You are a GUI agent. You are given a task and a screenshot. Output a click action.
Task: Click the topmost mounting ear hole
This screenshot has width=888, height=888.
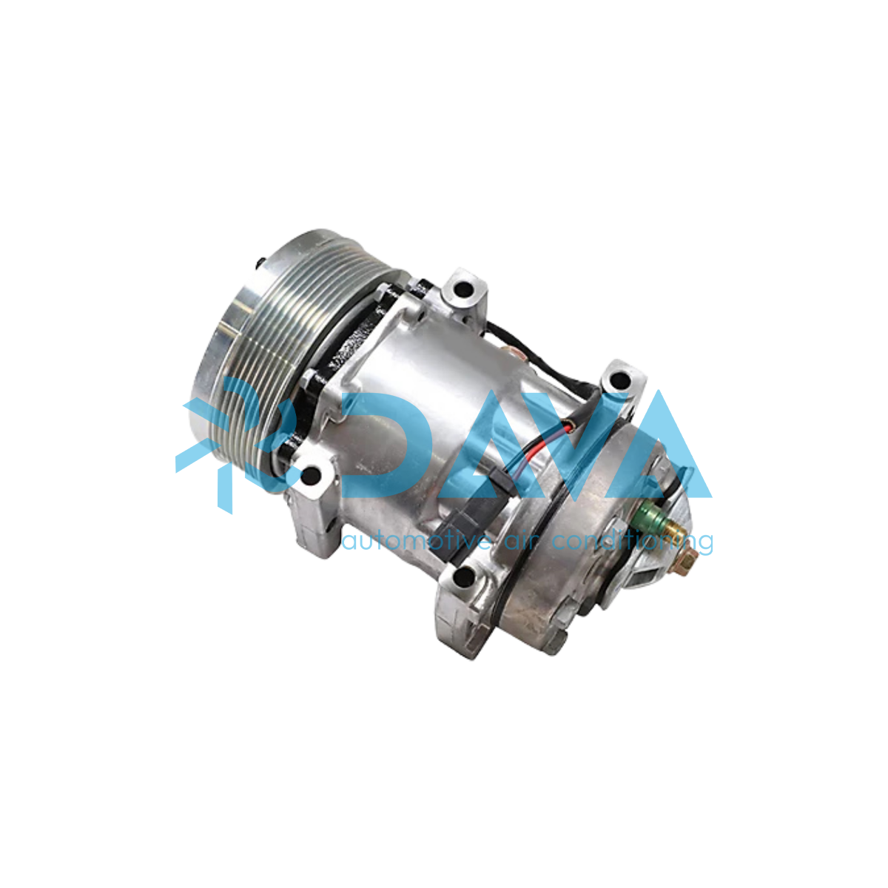click(x=463, y=289)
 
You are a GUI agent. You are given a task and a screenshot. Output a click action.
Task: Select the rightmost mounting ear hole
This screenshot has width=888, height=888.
click(x=620, y=380)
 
